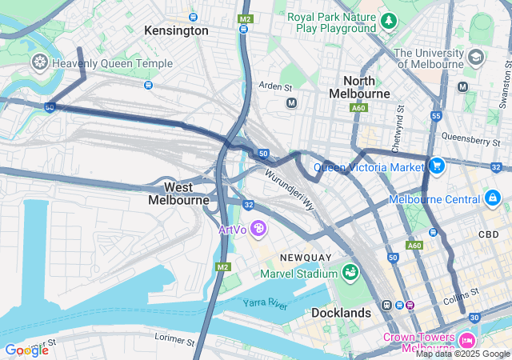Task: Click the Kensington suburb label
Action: pos(176,30)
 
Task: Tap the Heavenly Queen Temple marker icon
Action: pos(38,62)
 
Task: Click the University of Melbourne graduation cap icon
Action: pos(476,58)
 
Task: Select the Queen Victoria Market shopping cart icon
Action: pos(436,166)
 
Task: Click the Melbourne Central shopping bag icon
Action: pos(492,198)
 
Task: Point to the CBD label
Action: pos(488,234)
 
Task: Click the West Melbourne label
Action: pos(178,193)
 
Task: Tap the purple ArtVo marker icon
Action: pos(258,230)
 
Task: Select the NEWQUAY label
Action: pos(305,257)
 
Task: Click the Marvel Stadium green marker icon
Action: pos(350,274)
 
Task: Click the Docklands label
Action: pos(341,312)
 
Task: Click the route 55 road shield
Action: pos(435,116)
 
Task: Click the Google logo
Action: pos(26,350)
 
